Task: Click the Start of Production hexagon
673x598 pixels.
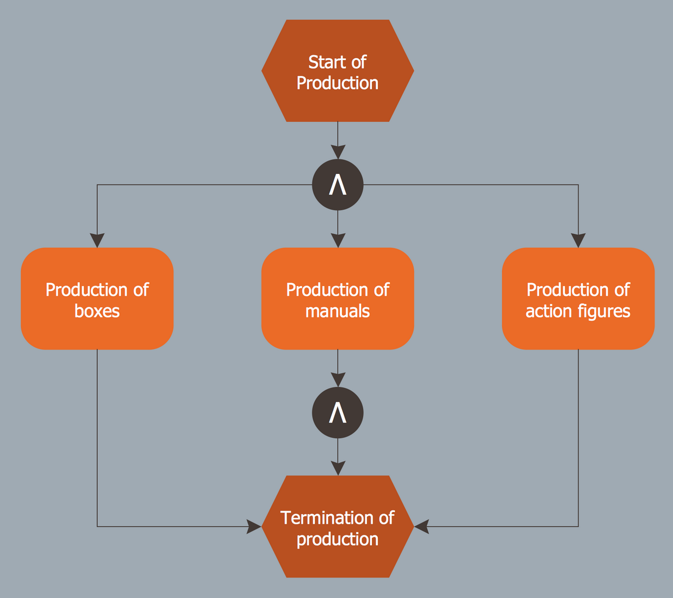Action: click(338, 71)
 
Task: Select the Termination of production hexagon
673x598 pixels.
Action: click(338, 527)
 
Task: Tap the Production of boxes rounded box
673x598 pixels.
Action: click(97, 298)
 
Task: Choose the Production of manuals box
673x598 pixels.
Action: click(338, 298)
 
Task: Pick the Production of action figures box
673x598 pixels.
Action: click(578, 298)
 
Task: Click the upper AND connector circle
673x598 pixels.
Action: click(338, 185)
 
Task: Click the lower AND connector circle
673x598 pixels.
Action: click(338, 413)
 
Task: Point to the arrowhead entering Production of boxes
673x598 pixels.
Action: click(97, 241)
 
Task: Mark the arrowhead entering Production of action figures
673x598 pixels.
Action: click(578, 241)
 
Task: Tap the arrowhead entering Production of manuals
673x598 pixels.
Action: click(338, 241)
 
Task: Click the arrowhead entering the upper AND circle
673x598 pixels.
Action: click(338, 153)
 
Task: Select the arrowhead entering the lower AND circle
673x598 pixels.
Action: click(338, 381)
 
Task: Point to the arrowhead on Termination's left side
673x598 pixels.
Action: click(254, 526)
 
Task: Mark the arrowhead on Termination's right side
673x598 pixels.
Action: click(422, 526)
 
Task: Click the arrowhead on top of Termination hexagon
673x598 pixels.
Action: click(338, 468)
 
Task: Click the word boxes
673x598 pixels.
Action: click(97, 312)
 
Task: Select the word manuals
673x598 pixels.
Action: click(338, 312)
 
